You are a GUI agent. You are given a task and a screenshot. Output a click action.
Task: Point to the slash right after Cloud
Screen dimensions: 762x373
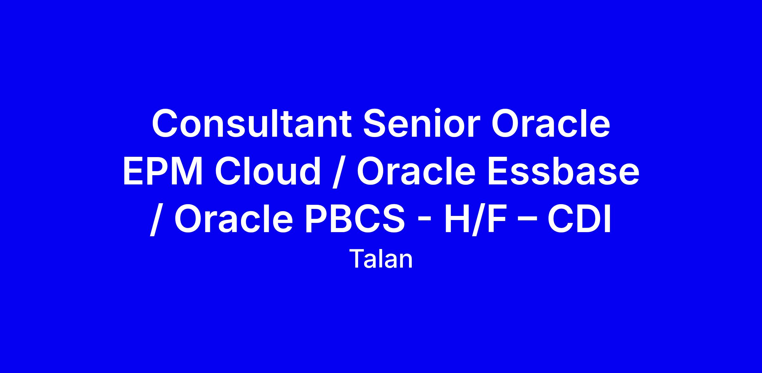(x=339, y=172)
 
